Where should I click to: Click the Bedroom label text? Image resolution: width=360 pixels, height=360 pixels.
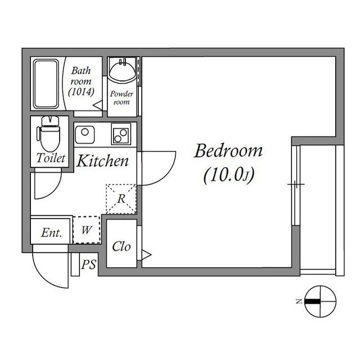(x=228, y=151)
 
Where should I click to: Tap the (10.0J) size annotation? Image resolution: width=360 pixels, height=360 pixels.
(x=229, y=176)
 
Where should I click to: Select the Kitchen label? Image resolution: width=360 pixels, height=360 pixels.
(x=102, y=162)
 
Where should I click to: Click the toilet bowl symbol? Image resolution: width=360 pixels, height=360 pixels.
(x=48, y=135)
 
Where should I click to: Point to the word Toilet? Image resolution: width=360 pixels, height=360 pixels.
(x=51, y=159)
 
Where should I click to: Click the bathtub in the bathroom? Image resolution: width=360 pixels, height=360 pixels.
(x=46, y=84)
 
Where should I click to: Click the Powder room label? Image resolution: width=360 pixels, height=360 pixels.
(x=121, y=98)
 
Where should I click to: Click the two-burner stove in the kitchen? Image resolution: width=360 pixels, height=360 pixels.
(x=120, y=134)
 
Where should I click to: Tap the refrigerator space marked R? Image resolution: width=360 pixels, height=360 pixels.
(x=121, y=199)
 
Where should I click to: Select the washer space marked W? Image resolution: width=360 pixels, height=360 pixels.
(x=87, y=229)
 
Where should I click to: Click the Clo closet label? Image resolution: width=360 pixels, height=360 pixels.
(x=121, y=246)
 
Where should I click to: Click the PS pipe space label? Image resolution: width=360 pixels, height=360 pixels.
(x=88, y=264)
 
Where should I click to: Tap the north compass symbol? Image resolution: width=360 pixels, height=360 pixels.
(x=319, y=301)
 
